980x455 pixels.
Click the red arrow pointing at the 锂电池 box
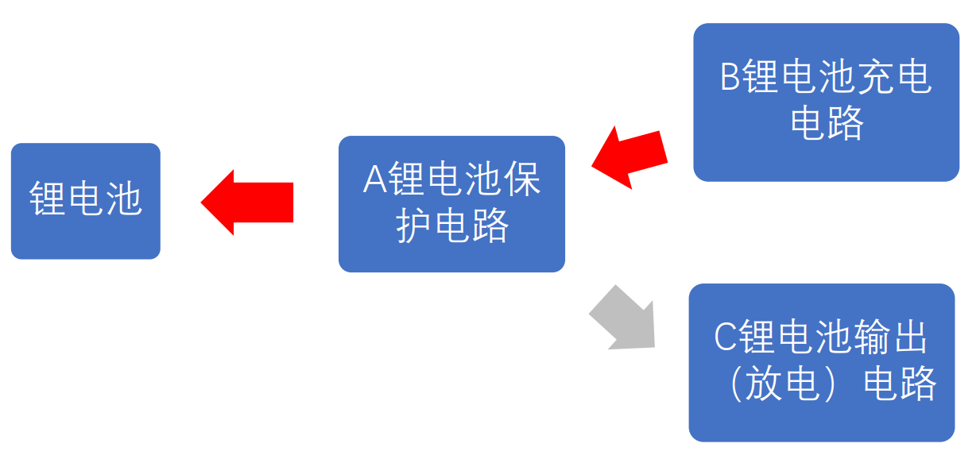246,202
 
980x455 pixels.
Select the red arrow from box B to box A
630,156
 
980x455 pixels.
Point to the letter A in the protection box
374,180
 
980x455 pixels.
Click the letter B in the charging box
730,79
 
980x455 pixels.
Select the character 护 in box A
414,226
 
